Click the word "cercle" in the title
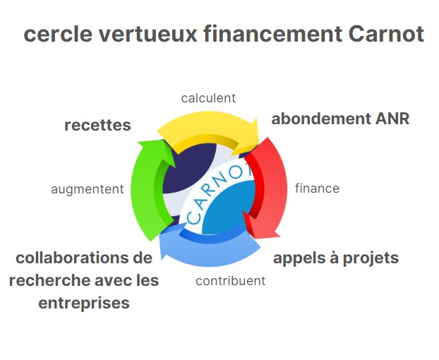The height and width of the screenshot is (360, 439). click(x=58, y=34)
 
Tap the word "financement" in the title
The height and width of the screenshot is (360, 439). click(x=272, y=34)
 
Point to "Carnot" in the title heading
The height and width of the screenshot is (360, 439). click(x=386, y=34)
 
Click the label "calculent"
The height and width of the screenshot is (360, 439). click(x=208, y=98)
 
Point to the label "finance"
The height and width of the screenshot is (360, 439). click(x=317, y=188)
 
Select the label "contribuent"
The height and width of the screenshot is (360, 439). click(x=230, y=281)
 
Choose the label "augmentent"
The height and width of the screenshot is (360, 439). click(x=88, y=189)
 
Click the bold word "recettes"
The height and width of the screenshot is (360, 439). click(x=97, y=125)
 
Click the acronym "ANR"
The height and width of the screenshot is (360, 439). click(x=392, y=119)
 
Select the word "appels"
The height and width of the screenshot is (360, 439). click(x=299, y=258)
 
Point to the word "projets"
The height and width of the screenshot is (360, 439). click(x=371, y=258)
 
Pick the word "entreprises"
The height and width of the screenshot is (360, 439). click(x=84, y=304)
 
